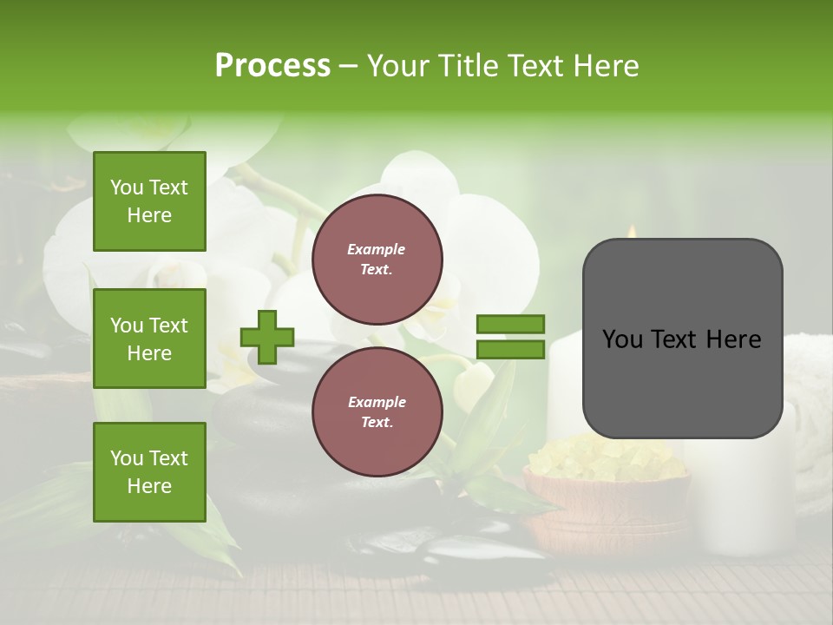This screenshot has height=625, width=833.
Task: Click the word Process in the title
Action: coord(272,66)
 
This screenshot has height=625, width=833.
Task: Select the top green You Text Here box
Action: coord(149,201)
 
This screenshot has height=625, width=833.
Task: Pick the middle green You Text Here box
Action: coord(149,339)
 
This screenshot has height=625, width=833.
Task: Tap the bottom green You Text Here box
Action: coord(149,472)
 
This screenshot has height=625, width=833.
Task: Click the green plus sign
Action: coord(266,337)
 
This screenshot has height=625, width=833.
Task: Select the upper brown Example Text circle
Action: coord(377,260)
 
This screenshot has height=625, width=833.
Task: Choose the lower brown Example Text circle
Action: coord(377,412)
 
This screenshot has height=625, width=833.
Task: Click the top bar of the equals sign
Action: coord(510,324)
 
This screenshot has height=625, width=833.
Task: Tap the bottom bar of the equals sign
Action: coord(510,350)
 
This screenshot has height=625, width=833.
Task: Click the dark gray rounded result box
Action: coord(682,382)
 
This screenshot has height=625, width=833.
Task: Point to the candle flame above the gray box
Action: coord(632,231)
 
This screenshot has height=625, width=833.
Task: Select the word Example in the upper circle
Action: coord(377,249)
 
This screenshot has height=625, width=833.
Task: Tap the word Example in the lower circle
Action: coord(377,402)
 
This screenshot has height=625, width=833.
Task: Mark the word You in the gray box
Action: coord(623,339)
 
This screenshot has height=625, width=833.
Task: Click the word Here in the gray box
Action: coord(734,339)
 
